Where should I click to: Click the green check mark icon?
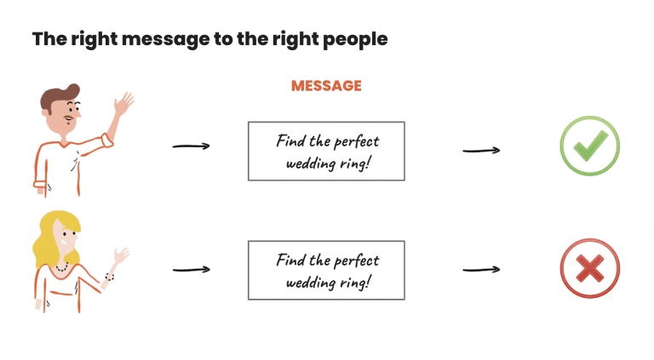pos(588,146)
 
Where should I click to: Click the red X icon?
pos(588,269)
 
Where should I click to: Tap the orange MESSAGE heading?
pos(326,86)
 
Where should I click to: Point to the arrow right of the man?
pos(191,146)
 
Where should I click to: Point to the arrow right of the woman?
pos(191,270)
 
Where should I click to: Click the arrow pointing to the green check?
pos(480,151)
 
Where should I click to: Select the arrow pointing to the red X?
pos(480,271)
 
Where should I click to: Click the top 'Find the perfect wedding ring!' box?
pos(326,151)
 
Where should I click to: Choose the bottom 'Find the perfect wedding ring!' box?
pos(326,270)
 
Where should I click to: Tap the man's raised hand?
pos(124,106)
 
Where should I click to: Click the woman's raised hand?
pos(120,256)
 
